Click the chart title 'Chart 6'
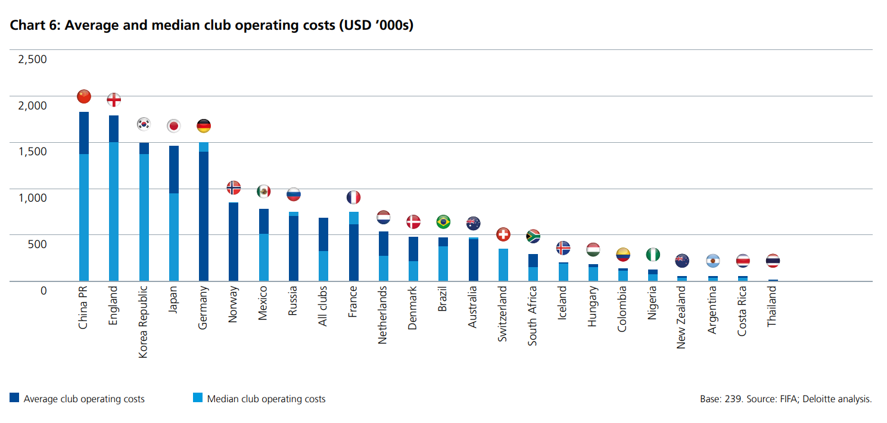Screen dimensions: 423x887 coord(211,26)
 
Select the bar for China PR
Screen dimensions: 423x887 coord(84,196)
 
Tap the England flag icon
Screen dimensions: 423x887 coord(114,100)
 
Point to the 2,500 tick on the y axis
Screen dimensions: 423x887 coord(32,59)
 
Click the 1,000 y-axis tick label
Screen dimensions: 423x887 coord(32,198)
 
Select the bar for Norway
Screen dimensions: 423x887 coord(234,242)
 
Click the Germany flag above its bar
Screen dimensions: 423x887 coord(204,126)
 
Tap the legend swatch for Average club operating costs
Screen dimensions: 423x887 coord(15,398)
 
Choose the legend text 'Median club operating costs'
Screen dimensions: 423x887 coord(266,399)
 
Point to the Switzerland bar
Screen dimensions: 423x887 coord(503,265)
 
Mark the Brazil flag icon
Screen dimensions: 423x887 coord(443,222)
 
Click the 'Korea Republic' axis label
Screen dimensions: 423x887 coord(144,322)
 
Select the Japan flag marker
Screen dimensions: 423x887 coord(174,126)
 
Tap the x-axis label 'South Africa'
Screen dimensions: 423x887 coord(533,315)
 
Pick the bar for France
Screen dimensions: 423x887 coord(353,246)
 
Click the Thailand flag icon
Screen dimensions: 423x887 coord(773,261)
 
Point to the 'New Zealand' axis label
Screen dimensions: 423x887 coord(682,318)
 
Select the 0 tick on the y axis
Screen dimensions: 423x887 coord(43,290)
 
